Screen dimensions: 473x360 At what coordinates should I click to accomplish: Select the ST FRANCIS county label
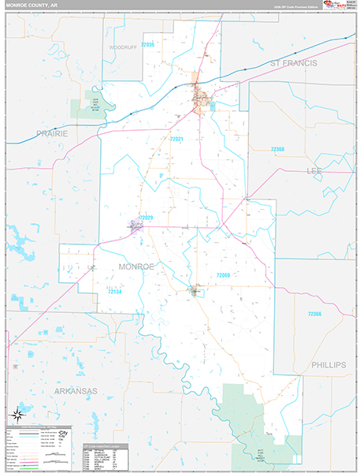[x=293, y=62]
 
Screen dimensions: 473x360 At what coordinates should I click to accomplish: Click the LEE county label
[x=314, y=171]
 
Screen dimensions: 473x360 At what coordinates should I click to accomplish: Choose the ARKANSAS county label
[x=75, y=390]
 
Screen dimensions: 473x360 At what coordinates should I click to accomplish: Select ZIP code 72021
[x=176, y=140]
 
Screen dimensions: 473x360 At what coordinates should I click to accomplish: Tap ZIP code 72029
[x=145, y=217]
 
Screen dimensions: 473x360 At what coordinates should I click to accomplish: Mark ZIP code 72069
[x=222, y=275]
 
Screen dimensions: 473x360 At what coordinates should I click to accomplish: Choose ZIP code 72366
[x=314, y=315]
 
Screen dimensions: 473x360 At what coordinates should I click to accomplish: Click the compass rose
[x=17, y=415]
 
